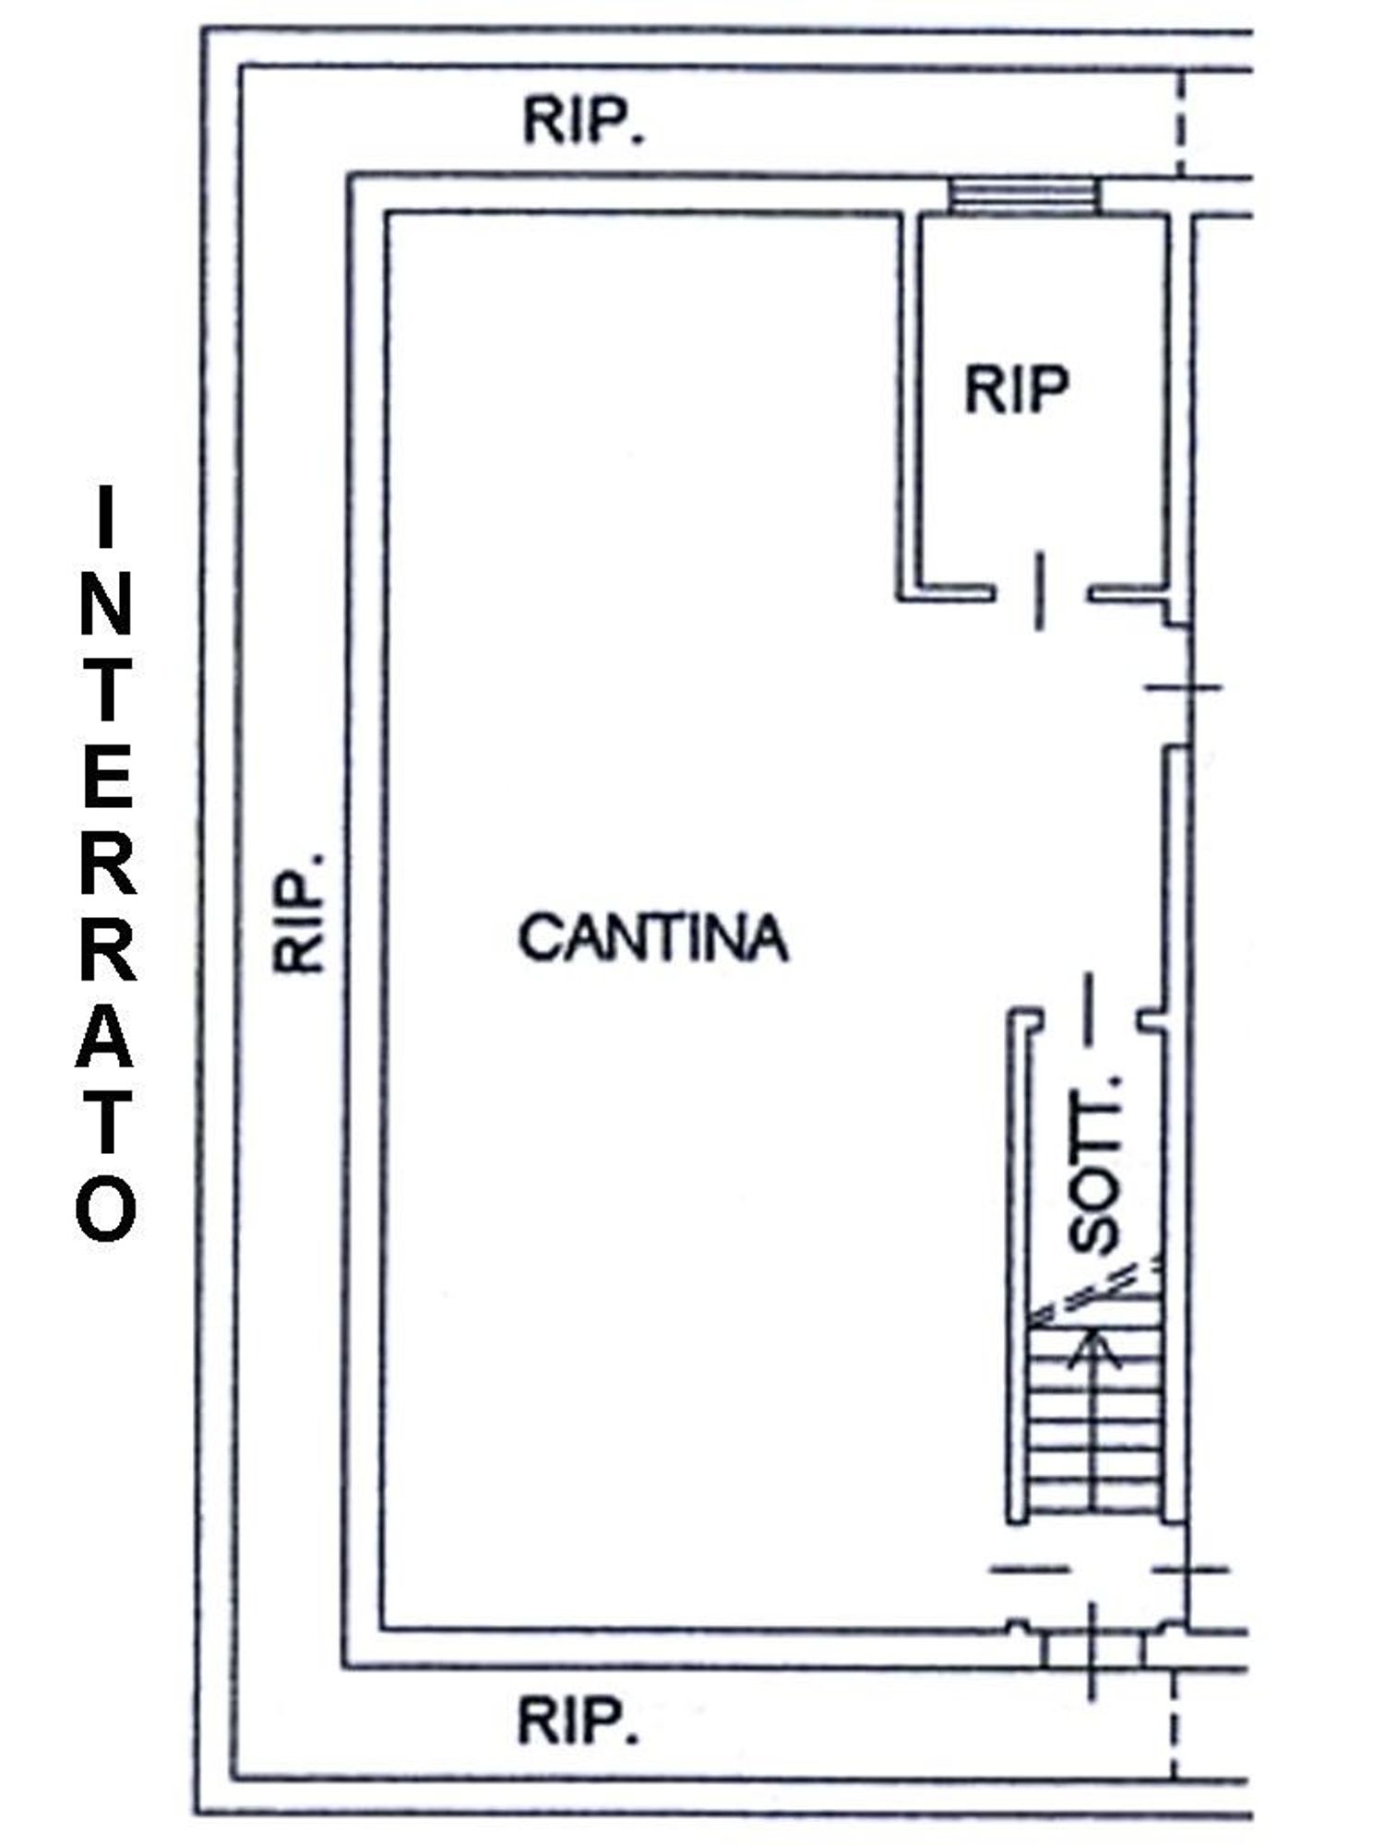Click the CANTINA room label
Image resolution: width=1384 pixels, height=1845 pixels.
[x=653, y=938]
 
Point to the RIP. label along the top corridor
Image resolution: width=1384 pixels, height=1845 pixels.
[x=584, y=121]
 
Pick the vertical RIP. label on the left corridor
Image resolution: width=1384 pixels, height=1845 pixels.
[x=300, y=912]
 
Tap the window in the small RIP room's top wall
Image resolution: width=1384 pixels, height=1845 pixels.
[x=1025, y=196]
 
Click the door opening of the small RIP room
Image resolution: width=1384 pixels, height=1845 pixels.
[x=1041, y=591]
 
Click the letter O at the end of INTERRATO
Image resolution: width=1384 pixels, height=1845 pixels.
[x=106, y=1208]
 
